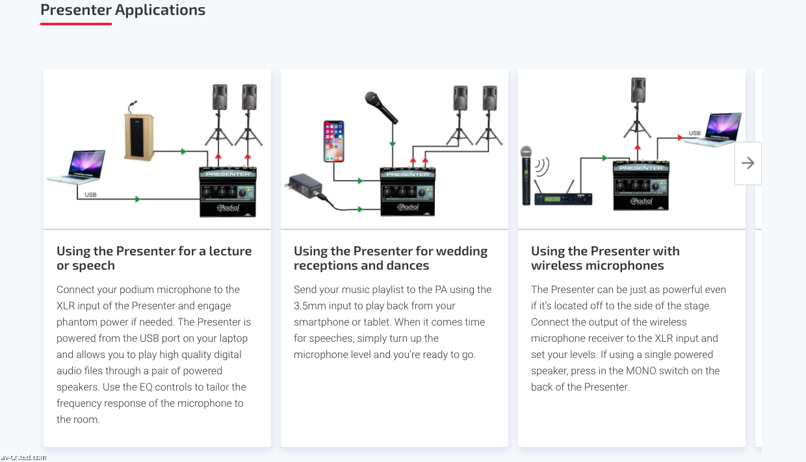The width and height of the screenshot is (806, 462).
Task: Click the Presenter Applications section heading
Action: tap(123, 10)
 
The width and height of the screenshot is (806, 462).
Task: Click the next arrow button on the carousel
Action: tap(747, 163)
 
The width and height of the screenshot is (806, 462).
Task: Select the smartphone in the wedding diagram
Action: tap(334, 140)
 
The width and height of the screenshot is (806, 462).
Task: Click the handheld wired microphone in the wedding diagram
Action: tap(381, 107)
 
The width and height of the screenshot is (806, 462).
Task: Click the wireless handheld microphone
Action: tap(526, 175)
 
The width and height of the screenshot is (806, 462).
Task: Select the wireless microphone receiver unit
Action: tap(563, 198)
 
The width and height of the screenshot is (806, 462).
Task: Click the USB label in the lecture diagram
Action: tap(90, 194)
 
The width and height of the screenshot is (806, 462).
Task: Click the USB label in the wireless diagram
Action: tap(694, 133)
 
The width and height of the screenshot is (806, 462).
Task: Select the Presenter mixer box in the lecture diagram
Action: tap(227, 192)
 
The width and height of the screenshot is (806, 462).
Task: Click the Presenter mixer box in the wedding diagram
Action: tap(408, 192)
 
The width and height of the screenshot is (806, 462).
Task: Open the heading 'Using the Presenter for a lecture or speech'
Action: tap(154, 258)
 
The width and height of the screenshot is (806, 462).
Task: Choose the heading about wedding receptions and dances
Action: tap(390, 258)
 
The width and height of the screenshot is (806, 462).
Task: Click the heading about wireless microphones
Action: tap(604, 258)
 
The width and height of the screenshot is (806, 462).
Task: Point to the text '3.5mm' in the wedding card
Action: tap(309, 305)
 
